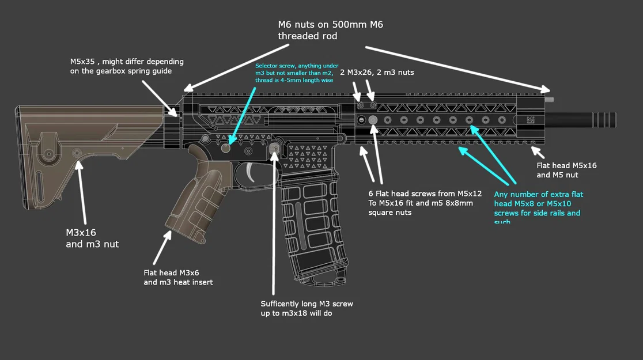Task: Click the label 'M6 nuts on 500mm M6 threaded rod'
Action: pyautogui.click(x=330, y=30)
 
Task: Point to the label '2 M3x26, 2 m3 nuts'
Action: pyautogui.click(x=376, y=73)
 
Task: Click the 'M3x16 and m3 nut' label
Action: pyautogui.click(x=92, y=238)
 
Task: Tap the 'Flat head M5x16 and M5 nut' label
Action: pyautogui.click(x=566, y=170)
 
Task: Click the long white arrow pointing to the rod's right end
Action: pyautogui.click(x=455, y=68)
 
